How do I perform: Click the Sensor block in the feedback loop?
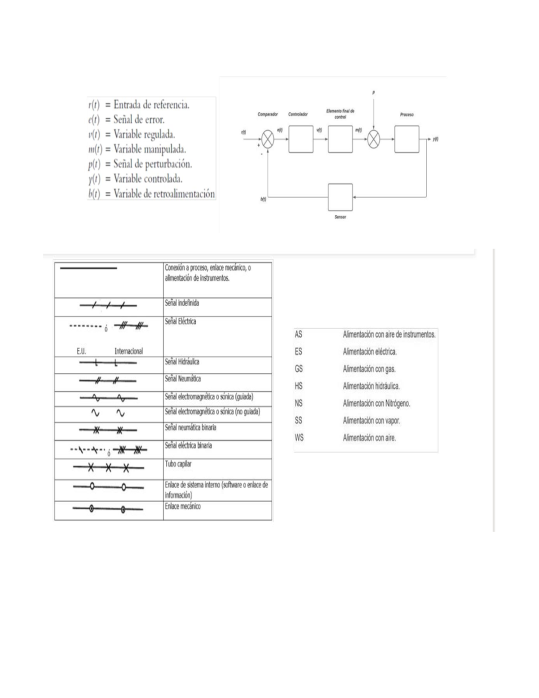(340, 197)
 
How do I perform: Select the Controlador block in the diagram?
(301, 139)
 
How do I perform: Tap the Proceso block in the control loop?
(406, 139)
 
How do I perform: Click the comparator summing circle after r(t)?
(268, 139)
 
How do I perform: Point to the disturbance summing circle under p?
(374, 139)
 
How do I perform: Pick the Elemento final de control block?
(340, 139)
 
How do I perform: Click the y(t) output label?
(435, 139)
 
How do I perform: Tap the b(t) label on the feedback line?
(263, 199)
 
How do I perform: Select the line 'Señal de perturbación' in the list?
(153, 164)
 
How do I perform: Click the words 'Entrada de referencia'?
(151, 105)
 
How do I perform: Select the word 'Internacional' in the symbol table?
(128, 351)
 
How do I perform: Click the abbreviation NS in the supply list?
(299, 403)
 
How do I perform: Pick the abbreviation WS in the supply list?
(299, 437)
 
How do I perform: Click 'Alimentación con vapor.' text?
(371, 421)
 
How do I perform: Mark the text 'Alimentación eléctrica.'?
(370, 352)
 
